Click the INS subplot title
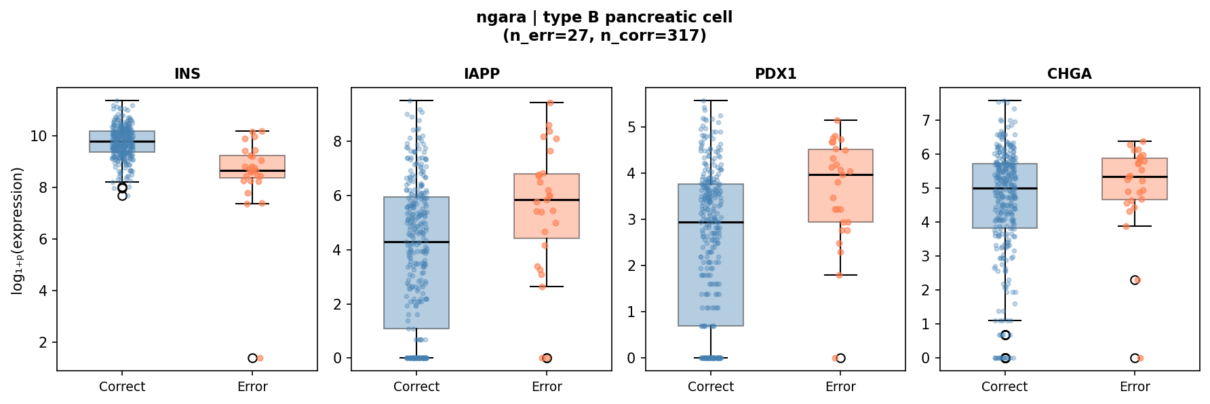click(x=187, y=74)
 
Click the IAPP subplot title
click(x=482, y=74)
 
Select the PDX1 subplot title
click(x=775, y=74)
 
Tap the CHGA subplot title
click(x=1069, y=74)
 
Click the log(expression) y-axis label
click(x=18, y=231)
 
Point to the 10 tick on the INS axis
click(x=39, y=136)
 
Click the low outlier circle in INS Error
click(x=252, y=358)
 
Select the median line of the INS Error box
click(x=252, y=170)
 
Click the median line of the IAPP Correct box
click(x=416, y=242)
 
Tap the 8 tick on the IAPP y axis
click(x=338, y=141)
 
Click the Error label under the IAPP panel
click(x=547, y=387)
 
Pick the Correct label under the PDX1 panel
click(x=710, y=387)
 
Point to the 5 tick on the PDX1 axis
click(x=631, y=127)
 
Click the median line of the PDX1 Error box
click(x=840, y=175)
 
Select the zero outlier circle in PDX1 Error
click(x=840, y=358)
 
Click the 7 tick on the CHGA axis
click(x=926, y=120)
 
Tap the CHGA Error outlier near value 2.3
click(x=1135, y=280)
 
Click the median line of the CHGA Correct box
click(x=1004, y=188)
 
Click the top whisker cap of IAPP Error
click(x=547, y=103)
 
